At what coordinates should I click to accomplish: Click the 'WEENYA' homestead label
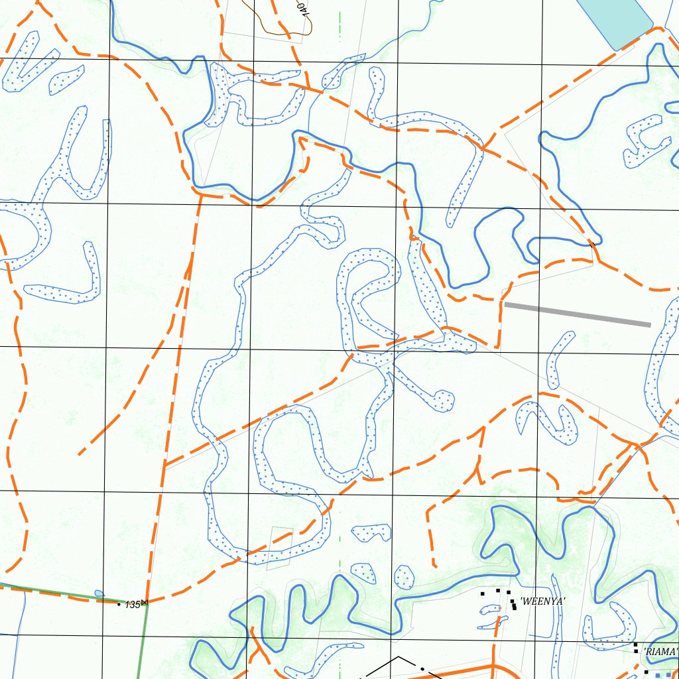(x=542, y=601)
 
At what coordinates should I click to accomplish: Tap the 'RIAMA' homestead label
(x=660, y=652)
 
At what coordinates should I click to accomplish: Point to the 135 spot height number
(x=133, y=604)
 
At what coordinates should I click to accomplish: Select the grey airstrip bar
(x=577, y=314)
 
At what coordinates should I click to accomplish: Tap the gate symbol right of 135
(x=145, y=602)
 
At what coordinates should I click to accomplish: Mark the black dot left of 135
(x=119, y=604)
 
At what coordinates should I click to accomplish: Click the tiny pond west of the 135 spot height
(x=99, y=593)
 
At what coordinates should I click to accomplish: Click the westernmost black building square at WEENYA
(x=483, y=592)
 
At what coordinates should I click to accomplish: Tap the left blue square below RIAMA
(x=649, y=674)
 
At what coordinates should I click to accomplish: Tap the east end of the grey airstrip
(x=649, y=324)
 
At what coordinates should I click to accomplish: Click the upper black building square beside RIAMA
(x=635, y=645)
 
